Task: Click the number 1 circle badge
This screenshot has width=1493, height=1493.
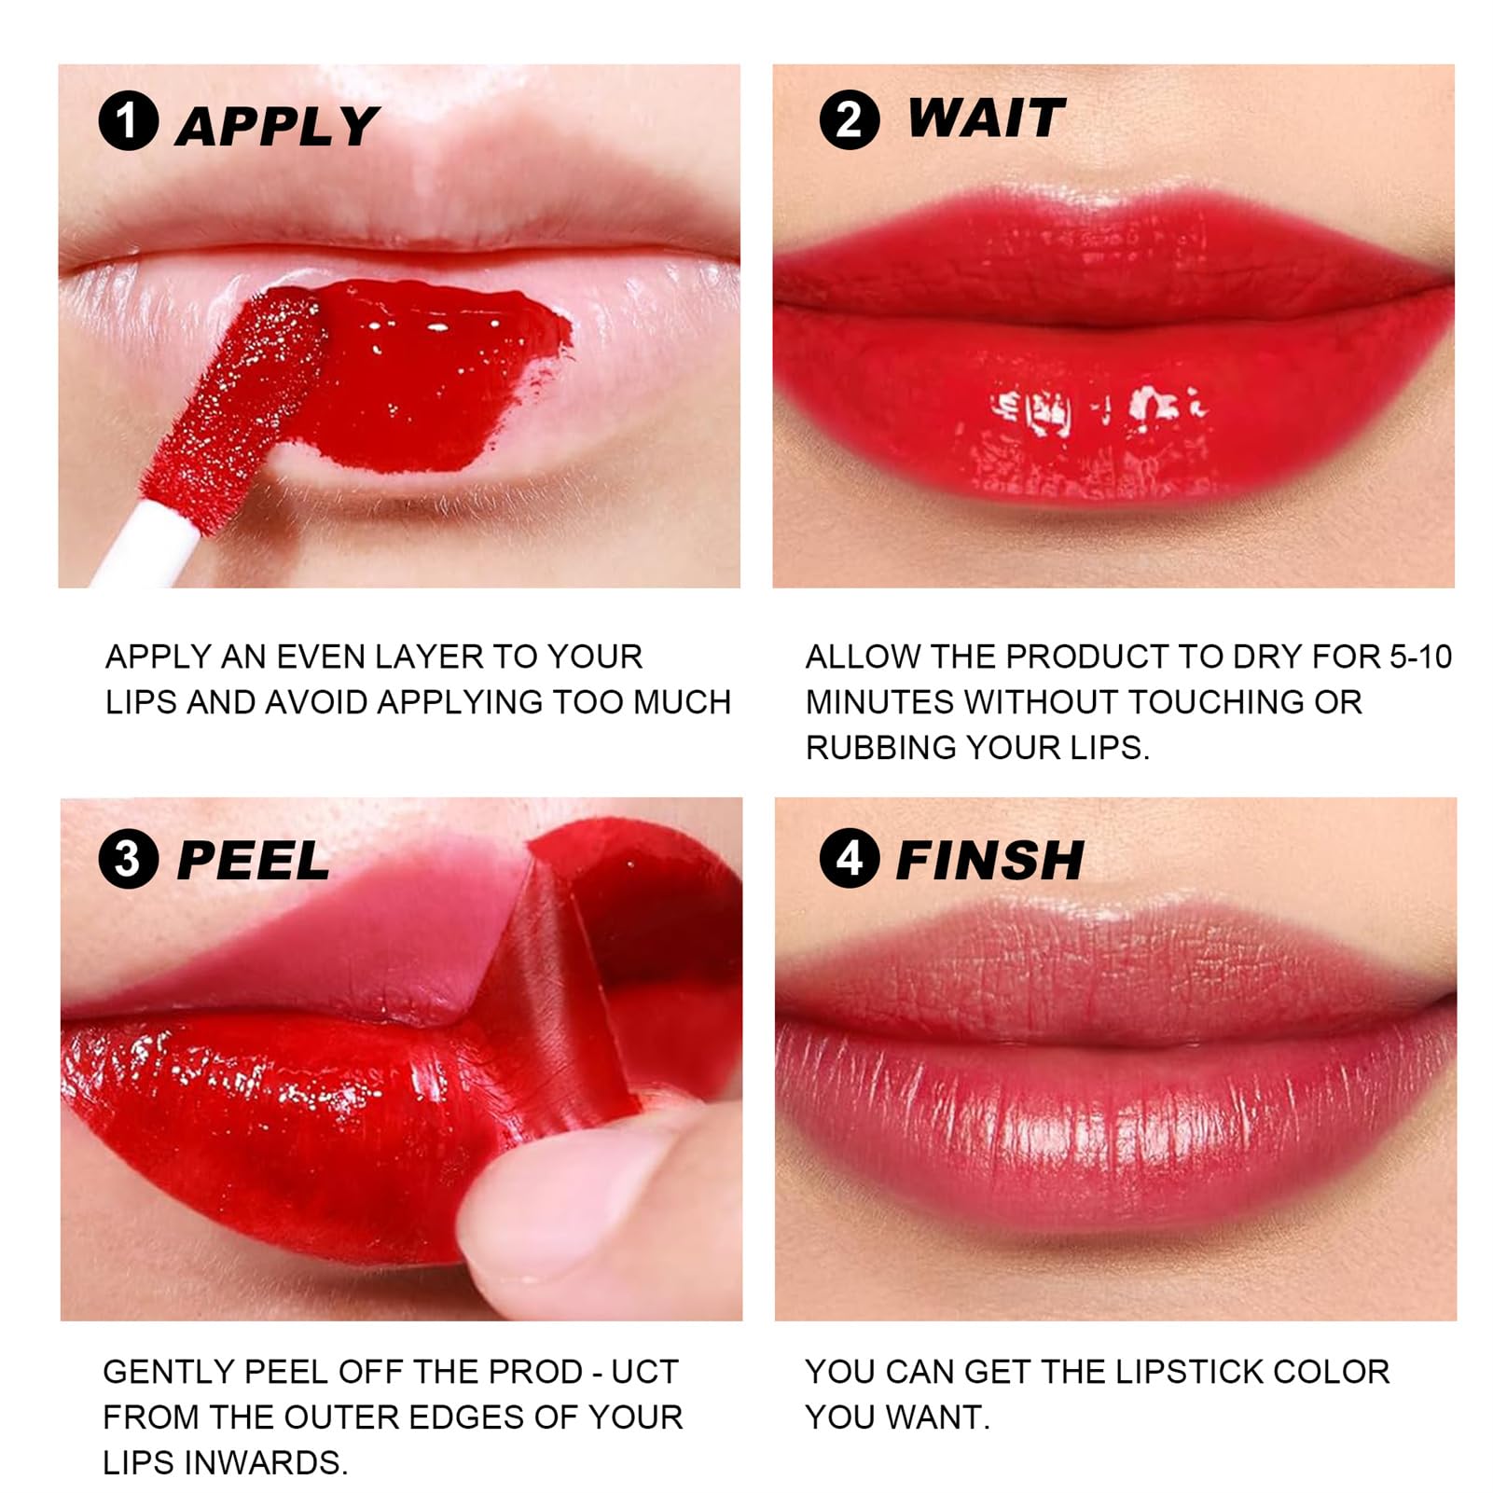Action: [128, 121]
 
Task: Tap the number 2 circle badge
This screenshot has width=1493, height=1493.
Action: [849, 120]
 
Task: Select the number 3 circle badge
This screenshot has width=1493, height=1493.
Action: [128, 859]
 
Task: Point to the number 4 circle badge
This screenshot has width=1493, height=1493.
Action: [849, 858]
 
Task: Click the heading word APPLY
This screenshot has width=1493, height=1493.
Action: [277, 126]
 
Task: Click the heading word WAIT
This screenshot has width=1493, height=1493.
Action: [986, 118]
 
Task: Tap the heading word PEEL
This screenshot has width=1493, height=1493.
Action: [253, 860]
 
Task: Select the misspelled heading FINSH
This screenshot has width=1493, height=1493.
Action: [989, 860]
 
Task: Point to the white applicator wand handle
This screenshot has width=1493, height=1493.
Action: [149, 550]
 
